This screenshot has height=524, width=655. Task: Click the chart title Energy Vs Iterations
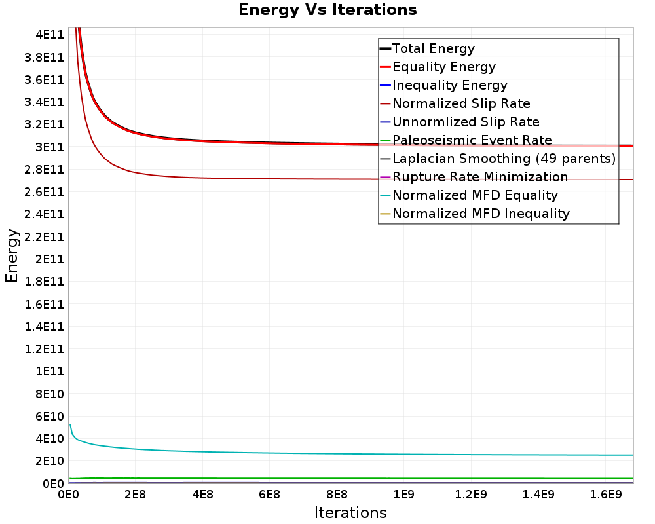327,10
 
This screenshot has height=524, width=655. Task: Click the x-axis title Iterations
350,513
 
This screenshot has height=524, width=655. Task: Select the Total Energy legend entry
433,48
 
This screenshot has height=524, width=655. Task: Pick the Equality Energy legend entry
443,67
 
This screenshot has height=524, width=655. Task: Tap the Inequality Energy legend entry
449,85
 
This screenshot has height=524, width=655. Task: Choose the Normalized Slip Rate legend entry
461,103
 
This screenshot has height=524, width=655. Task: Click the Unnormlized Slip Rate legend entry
466,122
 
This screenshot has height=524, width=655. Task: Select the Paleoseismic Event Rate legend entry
472,140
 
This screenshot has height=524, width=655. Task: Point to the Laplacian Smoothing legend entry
504,159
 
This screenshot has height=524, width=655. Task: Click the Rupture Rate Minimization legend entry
480,177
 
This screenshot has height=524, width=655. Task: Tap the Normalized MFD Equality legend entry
475,195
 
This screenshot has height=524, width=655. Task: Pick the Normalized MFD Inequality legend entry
481,214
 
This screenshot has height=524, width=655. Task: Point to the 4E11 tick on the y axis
48,34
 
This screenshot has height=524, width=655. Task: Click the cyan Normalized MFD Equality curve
327,453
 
